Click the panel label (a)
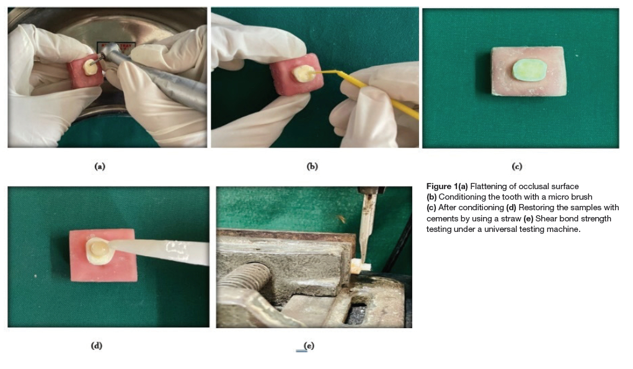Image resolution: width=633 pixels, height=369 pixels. pyautogui.click(x=100, y=166)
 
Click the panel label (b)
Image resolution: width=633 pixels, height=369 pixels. pyautogui.click(x=312, y=166)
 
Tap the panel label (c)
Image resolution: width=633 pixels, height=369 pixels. pyautogui.click(x=516, y=166)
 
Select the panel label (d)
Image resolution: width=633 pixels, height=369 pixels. pyautogui.click(x=97, y=345)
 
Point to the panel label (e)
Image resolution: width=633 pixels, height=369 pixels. pyautogui.click(x=309, y=345)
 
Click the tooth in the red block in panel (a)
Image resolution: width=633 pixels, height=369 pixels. pyautogui.click(x=90, y=67)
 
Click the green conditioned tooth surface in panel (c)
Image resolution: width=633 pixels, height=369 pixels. pyautogui.click(x=529, y=70)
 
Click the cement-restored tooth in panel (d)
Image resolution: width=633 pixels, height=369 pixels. pyautogui.click(x=98, y=251)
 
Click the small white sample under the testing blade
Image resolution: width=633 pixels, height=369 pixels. pyautogui.click(x=360, y=267)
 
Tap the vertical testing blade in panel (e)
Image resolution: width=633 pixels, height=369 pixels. pyautogui.click(x=368, y=228)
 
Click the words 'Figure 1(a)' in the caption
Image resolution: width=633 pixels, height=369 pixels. pyautogui.click(x=447, y=187)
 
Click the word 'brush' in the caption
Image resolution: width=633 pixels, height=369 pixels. pyautogui.click(x=582, y=197)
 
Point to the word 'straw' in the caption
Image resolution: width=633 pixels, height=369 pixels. pyautogui.click(x=511, y=218)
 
